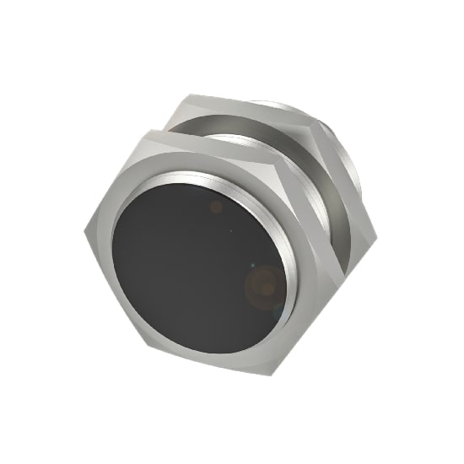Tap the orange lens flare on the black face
[x=263, y=285]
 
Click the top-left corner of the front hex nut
[x=144, y=130]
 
